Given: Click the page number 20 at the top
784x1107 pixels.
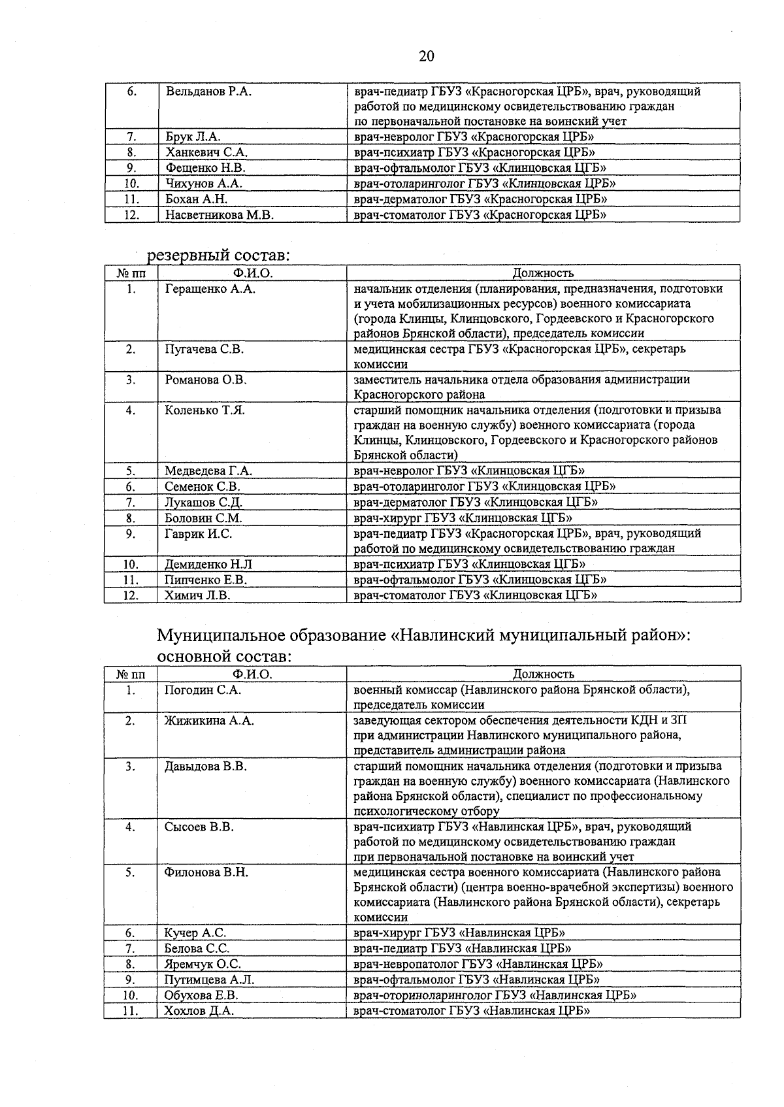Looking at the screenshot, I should pos(426,56).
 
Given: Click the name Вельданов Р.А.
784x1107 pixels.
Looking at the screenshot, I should pos(208,91).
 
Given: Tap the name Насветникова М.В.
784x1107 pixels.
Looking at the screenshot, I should pos(219,215).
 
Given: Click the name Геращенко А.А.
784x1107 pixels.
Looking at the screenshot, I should pos(210,289).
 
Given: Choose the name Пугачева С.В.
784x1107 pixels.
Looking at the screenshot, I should pos(204,350).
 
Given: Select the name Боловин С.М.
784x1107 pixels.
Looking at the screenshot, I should pos(203,518).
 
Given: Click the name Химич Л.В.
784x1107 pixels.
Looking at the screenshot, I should pos(197,595).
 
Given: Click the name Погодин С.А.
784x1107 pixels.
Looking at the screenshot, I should pos(203,690).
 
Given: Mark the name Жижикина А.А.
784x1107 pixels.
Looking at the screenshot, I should pos(209,721).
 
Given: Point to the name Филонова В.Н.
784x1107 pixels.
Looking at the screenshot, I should pos(206,873).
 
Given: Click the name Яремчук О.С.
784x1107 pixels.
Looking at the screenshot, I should pos(203,965).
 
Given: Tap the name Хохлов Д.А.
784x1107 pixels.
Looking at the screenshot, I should pos(199,1011).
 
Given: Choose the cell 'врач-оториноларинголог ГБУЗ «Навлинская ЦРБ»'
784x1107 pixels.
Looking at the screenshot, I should pos(495,995).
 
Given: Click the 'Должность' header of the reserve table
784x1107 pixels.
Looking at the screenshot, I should pos(543,273).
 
